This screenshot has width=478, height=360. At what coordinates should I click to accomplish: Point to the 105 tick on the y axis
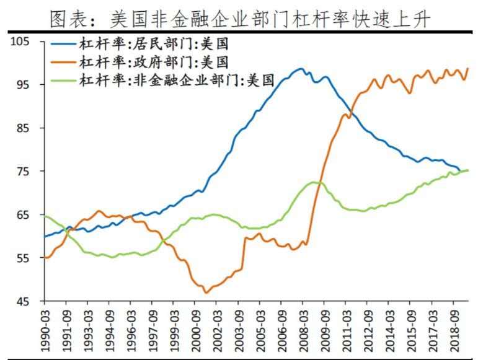pos(20,42)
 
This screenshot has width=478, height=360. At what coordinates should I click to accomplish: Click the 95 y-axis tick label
pos(24,85)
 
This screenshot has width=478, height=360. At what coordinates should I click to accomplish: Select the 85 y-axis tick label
pos(24,128)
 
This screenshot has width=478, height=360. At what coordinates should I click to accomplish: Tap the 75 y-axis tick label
pos(24,172)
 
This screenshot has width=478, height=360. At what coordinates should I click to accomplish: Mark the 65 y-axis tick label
pos(24,215)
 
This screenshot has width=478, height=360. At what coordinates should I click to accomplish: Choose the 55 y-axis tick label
pos(24,258)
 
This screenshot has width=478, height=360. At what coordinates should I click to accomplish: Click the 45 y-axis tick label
pos(24,302)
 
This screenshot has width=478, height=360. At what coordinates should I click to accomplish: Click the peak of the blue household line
pos(301,69)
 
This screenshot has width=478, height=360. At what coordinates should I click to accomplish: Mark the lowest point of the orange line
pos(205,292)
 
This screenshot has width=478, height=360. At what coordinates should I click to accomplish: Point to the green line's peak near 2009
pos(314,182)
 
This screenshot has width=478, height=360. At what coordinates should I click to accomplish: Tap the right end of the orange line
pos(467,68)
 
